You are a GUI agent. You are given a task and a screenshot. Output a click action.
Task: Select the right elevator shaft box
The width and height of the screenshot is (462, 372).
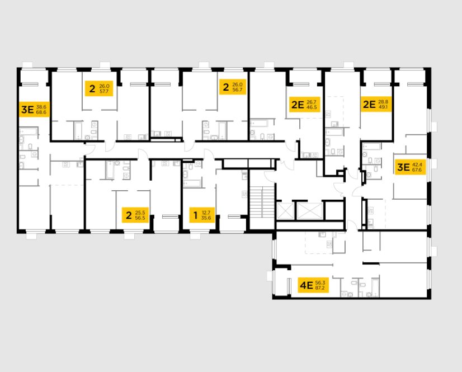[310, 211]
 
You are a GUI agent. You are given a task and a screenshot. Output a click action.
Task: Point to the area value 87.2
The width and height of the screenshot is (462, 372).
[320, 289]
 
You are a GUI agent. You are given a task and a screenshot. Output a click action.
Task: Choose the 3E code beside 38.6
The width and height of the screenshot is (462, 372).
[27, 109]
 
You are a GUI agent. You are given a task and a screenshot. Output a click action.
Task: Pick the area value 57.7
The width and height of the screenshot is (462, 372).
[105, 90]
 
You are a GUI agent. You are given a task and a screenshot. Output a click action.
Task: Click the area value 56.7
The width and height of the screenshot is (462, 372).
[238, 90]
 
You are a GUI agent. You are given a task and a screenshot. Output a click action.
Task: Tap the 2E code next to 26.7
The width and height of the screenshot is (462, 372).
[297, 104]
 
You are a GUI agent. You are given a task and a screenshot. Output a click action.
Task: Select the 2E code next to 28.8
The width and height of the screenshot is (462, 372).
[369, 104]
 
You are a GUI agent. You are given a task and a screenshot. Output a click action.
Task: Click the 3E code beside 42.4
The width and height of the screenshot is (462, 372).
[403, 167]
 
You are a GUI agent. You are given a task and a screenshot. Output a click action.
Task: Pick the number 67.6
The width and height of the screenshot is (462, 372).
[418, 170]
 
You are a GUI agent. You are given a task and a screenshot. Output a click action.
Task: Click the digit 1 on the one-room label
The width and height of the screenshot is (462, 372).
[195, 214]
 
